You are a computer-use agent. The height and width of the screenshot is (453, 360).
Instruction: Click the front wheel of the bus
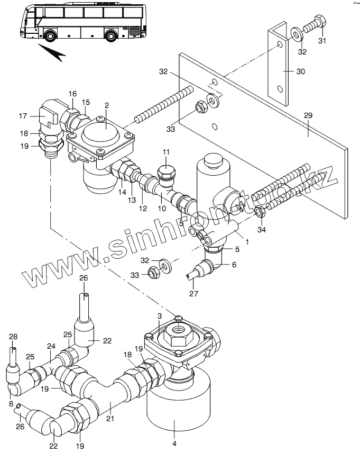[50, 35]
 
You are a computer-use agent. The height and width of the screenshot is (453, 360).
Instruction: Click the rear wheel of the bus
[111, 35]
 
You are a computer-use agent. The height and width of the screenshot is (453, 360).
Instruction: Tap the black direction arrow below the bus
[52, 52]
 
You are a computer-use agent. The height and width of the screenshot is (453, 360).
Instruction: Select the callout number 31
[322, 41]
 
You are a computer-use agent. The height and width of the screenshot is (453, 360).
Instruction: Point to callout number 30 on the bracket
[301, 71]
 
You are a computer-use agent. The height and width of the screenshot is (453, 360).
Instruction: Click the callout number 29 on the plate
[308, 115]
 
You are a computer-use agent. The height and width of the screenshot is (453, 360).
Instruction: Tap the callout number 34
[261, 230]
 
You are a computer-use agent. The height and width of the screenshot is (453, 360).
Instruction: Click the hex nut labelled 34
[261, 213]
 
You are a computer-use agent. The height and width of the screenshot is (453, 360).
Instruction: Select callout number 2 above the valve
[107, 105]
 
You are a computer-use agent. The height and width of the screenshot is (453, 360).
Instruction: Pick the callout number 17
[23, 116]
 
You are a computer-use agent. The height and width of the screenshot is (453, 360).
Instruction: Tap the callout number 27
[193, 294]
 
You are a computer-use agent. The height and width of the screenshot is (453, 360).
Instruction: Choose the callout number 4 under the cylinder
[174, 443]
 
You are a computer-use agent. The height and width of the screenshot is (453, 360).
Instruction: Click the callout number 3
[160, 316]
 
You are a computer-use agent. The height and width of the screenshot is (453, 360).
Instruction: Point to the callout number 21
[110, 418]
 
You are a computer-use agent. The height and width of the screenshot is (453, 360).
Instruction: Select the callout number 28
[13, 337]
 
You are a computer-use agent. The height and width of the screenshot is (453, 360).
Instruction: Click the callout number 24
[51, 346]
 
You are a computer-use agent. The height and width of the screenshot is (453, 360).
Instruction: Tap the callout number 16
[72, 94]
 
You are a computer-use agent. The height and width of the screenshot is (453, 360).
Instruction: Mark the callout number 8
[11, 404]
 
